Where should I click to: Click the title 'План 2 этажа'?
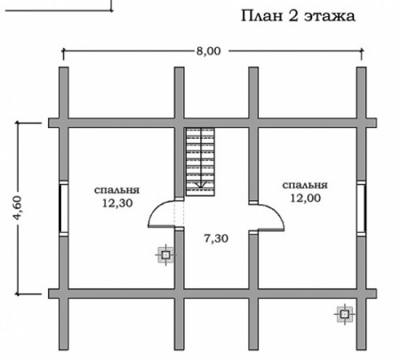click(x=297, y=16)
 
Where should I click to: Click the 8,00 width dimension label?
click(x=209, y=50)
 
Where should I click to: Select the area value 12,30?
click(x=116, y=203)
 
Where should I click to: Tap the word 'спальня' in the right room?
click(x=305, y=185)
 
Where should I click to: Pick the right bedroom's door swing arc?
click(x=262, y=212)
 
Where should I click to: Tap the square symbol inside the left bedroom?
click(x=165, y=256)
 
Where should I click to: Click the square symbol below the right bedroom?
click(x=343, y=313)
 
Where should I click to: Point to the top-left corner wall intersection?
click(x=62, y=121)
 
